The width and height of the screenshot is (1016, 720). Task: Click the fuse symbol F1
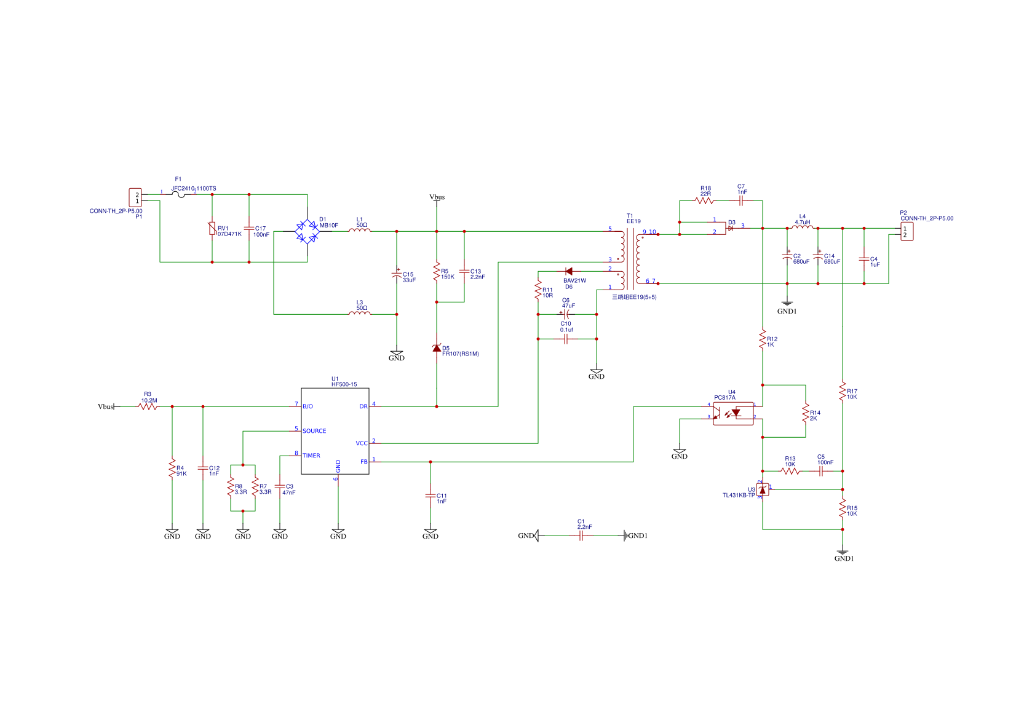coord(178,195)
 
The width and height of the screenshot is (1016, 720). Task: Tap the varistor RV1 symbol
coord(212,229)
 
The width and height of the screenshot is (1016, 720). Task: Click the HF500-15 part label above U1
coord(344,384)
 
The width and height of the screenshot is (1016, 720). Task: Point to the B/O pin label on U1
coord(308,406)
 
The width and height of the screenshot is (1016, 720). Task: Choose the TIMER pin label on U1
coord(311,456)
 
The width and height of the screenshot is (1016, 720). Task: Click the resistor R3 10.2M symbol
coord(148,406)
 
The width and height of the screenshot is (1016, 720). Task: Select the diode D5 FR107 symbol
coord(437,348)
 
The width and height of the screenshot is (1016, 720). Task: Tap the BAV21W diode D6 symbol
coord(568,271)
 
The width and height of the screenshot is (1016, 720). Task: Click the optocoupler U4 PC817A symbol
coord(733,413)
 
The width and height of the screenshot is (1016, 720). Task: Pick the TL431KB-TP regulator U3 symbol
coord(763,489)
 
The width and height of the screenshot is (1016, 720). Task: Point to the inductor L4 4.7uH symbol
coord(803,227)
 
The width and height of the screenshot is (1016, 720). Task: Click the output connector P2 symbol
coord(907,232)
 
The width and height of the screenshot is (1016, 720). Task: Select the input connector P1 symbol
coord(135,197)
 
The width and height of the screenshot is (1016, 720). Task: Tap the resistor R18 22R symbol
coord(704,200)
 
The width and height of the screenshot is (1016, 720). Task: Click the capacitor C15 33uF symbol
coord(397,274)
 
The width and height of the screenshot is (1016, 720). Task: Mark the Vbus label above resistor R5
coord(437,197)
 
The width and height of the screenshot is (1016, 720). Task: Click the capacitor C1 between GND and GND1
coord(581,536)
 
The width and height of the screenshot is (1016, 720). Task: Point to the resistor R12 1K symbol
coord(763,339)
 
